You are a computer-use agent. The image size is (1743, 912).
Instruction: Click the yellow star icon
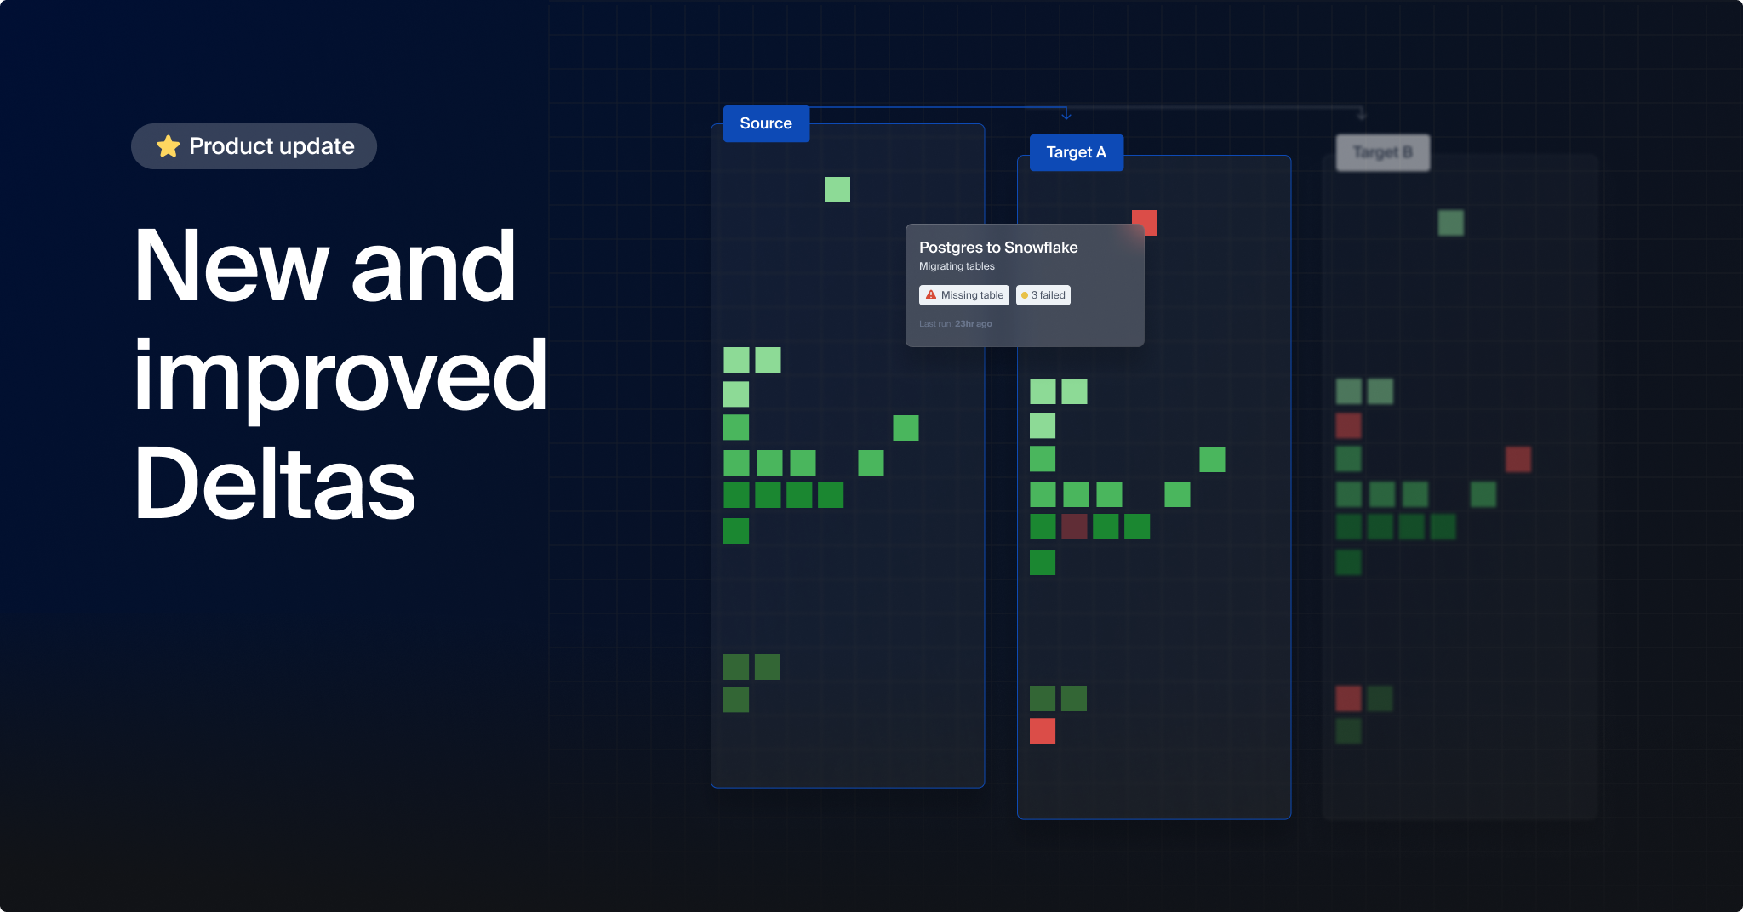(x=168, y=146)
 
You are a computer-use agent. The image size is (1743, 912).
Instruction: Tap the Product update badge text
(x=271, y=146)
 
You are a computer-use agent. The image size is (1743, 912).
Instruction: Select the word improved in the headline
(x=340, y=375)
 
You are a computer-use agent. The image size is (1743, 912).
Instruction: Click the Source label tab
(x=766, y=123)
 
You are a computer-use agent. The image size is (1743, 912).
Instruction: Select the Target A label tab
(x=1076, y=152)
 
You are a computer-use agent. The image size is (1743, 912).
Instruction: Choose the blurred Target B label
(x=1382, y=152)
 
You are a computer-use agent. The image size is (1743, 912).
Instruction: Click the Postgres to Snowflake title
(x=998, y=248)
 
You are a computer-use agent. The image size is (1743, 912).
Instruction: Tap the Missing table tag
(x=964, y=295)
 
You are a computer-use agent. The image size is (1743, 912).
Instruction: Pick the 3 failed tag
(x=1043, y=295)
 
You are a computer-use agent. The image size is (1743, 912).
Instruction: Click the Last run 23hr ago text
(x=955, y=324)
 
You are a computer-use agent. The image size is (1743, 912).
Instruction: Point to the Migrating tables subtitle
(x=957, y=266)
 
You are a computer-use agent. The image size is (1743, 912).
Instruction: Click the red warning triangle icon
(x=931, y=295)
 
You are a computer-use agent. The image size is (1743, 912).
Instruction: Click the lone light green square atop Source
(x=837, y=190)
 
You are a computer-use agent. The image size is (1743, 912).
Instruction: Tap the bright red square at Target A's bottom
(x=1043, y=731)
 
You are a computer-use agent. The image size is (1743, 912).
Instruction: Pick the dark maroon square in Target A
(x=1074, y=527)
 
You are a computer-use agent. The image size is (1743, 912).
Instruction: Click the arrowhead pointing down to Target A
(x=1066, y=115)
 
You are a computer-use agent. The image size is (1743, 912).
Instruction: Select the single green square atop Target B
(x=1451, y=223)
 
